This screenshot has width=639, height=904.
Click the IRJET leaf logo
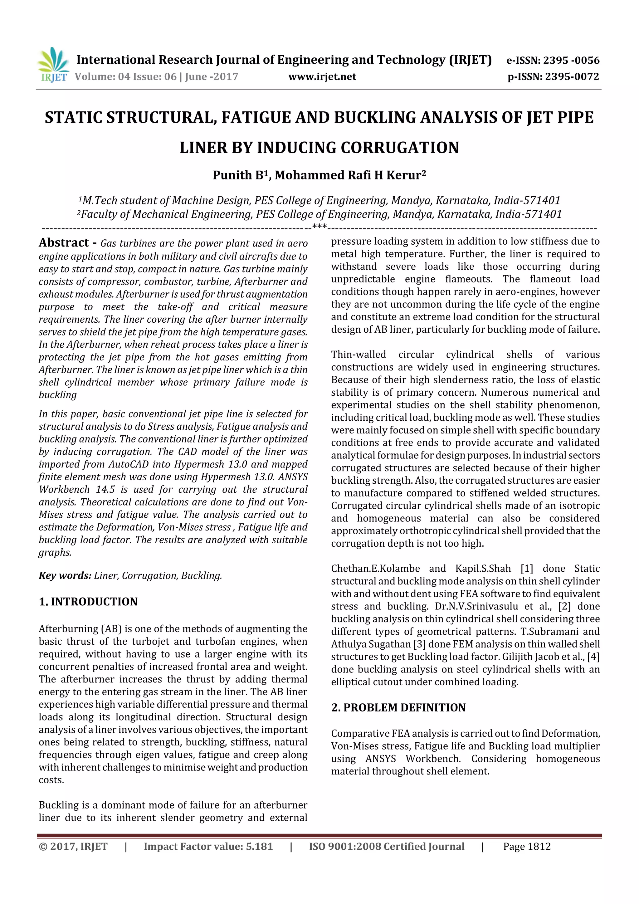coord(53,61)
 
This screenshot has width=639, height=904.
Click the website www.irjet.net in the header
coord(322,77)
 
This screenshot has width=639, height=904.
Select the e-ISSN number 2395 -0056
coord(571,60)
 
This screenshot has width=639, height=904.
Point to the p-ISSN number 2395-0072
coord(572,77)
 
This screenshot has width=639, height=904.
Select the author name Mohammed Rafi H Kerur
coord(349,175)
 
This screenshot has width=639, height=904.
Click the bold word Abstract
coord(64,242)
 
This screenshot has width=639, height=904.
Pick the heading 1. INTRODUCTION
coord(88,602)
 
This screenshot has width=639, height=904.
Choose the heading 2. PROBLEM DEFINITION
coord(398,707)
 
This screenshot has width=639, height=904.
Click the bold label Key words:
coord(65,576)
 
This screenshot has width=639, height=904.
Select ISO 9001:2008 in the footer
coord(342,847)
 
